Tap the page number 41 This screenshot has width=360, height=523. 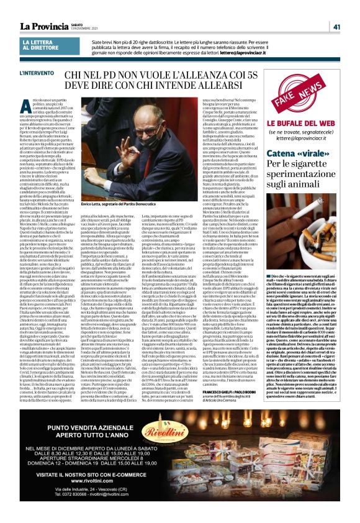(x=336, y=26)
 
